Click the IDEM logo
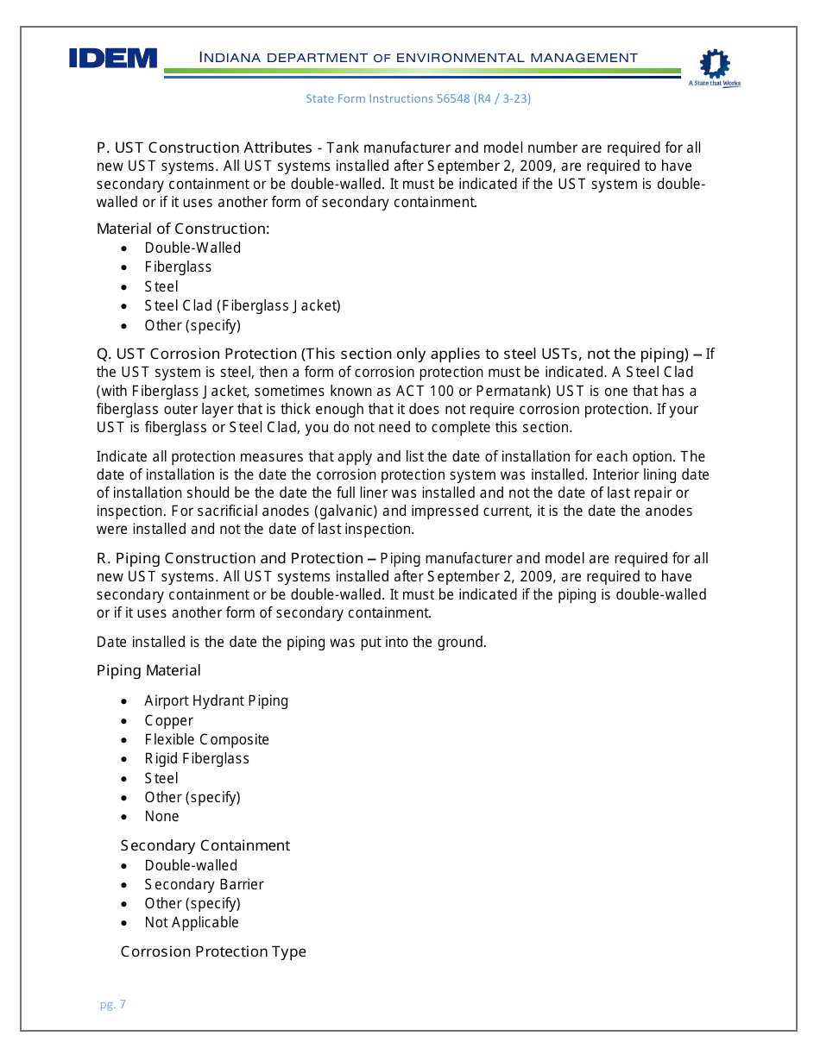113,59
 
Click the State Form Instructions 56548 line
418,99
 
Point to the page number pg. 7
112,1004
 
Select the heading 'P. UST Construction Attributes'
204,148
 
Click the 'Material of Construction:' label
183,229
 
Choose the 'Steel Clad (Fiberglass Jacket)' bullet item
243,305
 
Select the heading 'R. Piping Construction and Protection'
230,558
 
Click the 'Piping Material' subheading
148,671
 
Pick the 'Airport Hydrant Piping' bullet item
216,700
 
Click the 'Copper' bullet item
168,720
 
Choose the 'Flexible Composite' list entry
206,739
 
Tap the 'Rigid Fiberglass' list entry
197,759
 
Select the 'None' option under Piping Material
161,816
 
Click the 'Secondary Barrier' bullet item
204,884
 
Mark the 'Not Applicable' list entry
192,922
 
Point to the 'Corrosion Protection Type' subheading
213,951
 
